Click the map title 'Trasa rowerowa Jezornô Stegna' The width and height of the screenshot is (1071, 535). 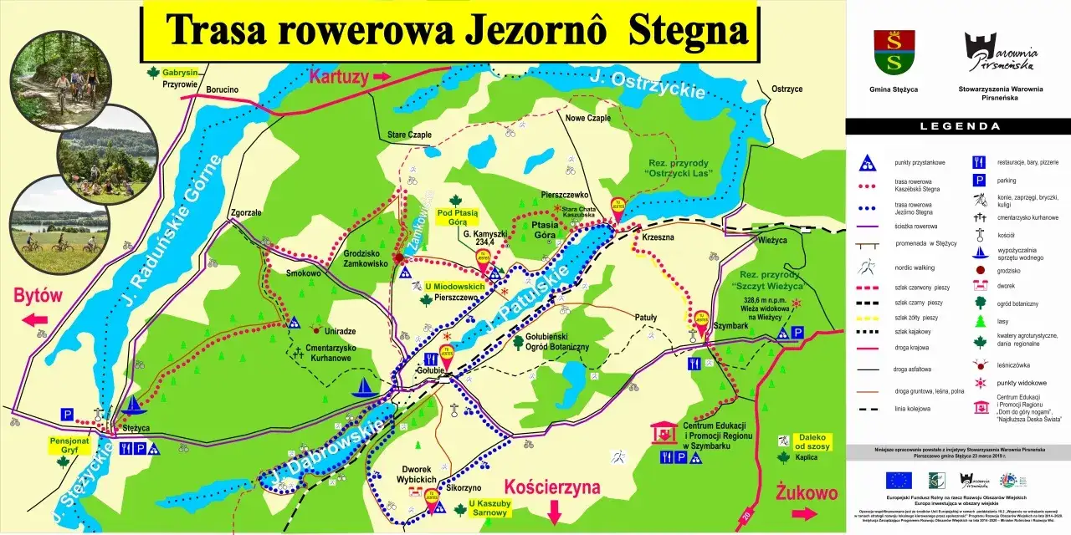tap(455, 31)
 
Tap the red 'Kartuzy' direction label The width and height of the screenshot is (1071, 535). tap(339, 78)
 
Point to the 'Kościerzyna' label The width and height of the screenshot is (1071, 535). tap(553, 488)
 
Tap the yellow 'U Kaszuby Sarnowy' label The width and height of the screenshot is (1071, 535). tap(489, 508)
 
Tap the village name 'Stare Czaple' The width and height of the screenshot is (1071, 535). tap(409, 135)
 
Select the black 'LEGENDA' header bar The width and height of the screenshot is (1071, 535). tap(958, 126)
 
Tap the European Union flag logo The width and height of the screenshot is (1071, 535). tap(899, 479)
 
